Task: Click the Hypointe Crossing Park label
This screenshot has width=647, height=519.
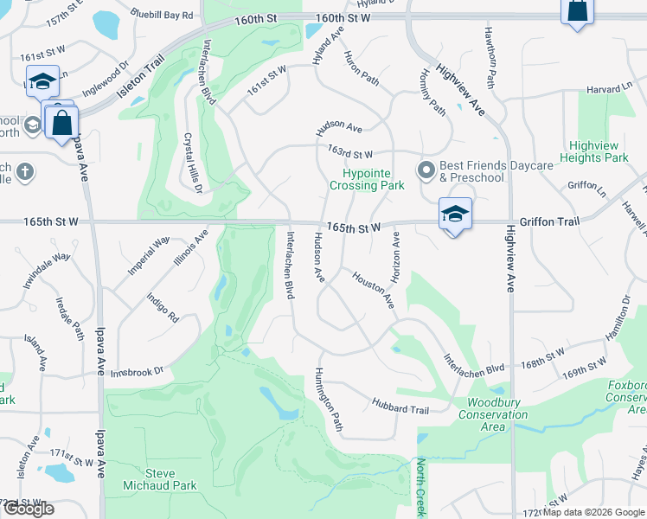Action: coord(367,179)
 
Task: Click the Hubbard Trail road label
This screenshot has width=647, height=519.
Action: coord(400,406)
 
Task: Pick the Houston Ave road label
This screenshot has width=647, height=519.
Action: coord(372,290)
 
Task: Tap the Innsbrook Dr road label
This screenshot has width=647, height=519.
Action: coord(137,373)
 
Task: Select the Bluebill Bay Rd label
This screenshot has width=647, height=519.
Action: coord(162,15)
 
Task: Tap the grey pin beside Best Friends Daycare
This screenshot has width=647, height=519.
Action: coord(425,170)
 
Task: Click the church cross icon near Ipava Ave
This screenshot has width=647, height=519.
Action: coord(25,170)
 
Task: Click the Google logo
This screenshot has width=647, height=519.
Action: coord(29,509)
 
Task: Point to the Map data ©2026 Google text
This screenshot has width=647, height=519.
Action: coord(593,512)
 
